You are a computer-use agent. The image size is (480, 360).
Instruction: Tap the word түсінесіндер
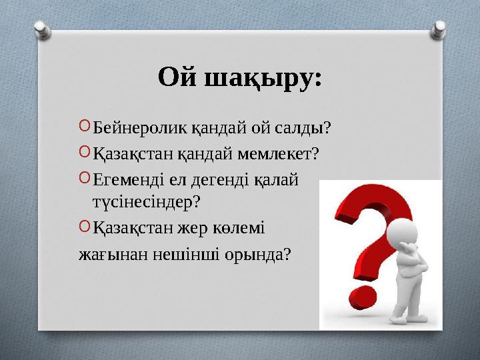(146, 199)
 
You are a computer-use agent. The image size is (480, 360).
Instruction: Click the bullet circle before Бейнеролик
(83, 126)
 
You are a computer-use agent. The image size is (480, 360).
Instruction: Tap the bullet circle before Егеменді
(83, 179)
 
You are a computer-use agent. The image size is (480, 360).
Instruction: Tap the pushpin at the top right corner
(439, 28)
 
